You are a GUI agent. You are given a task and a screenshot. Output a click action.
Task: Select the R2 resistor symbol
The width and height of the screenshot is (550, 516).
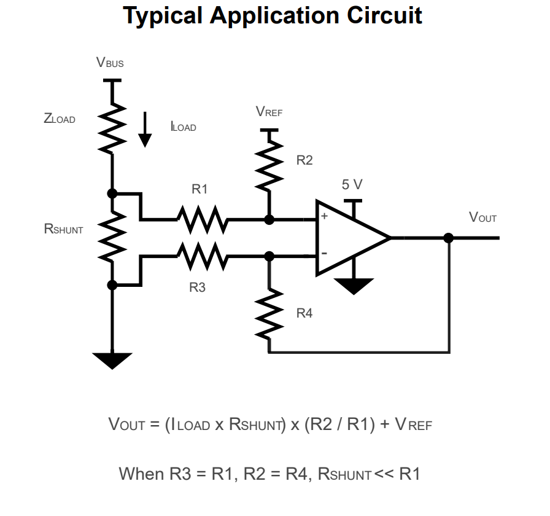click(268, 162)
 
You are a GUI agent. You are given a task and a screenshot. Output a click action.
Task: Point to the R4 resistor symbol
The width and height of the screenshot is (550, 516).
click(268, 313)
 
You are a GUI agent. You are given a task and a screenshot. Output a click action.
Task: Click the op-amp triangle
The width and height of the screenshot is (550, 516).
click(350, 237)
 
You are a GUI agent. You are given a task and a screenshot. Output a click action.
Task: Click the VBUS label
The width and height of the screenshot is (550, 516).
click(110, 62)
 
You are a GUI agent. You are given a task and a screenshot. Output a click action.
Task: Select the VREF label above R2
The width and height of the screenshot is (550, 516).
click(269, 112)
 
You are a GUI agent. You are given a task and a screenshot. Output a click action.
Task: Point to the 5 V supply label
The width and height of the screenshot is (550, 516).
click(352, 185)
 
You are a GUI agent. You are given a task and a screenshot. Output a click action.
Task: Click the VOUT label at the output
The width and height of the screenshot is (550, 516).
click(482, 217)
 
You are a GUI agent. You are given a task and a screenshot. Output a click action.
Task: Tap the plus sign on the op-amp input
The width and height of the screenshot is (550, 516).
click(324, 216)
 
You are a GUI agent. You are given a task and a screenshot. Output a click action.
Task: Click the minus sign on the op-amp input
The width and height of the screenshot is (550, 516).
click(323, 253)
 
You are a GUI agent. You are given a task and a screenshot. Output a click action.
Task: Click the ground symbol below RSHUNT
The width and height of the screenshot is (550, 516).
click(112, 360)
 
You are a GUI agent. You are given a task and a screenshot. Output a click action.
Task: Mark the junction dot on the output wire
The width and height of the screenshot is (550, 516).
click(449, 238)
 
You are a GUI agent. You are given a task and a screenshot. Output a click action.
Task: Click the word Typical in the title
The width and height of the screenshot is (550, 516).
click(163, 15)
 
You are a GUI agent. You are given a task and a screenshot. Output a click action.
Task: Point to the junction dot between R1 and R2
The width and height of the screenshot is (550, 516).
click(268, 219)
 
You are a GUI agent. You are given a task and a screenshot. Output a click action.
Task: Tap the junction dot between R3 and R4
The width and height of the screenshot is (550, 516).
click(268, 256)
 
